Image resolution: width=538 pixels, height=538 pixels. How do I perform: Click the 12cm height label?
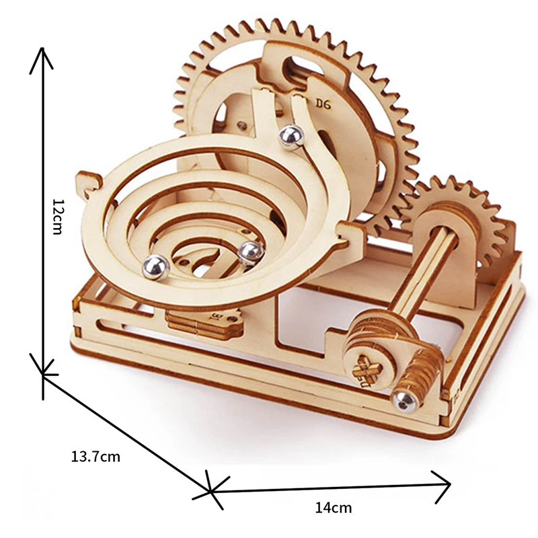(56, 217)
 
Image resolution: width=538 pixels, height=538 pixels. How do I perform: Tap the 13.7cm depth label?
(95, 457)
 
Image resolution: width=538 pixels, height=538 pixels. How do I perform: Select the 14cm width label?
(334, 508)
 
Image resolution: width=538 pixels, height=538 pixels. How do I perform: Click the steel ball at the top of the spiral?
(291, 137)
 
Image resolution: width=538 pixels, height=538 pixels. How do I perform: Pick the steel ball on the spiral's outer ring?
(156, 267)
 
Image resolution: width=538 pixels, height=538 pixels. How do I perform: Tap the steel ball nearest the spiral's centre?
(251, 254)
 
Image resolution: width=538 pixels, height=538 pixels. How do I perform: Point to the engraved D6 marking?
(323, 104)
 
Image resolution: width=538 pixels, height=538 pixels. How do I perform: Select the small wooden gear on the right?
(463, 220)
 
